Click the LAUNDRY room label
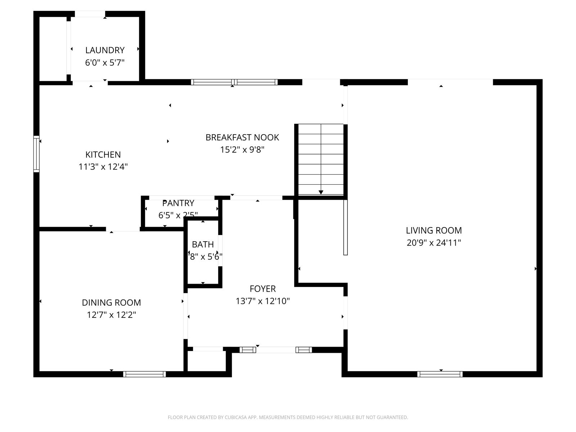coord(105,50)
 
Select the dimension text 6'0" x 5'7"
coord(105,63)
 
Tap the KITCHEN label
coord(103,154)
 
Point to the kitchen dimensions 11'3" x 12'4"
coord(103,167)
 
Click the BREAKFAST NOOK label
coord(242,137)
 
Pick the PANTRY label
coord(178,203)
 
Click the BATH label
coord(203,244)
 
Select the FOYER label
coord(263,289)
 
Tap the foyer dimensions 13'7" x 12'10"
coord(263,301)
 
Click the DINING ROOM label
coord(111,302)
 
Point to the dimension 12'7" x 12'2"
coord(111,315)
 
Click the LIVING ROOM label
coord(434,230)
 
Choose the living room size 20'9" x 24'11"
coord(434,243)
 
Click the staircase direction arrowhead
coord(321,192)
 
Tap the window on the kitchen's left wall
coord(36,154)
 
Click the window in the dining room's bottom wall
coord(144,374)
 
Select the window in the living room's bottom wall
coord(440,374)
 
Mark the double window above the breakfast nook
coord(234,82)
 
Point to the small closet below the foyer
coord(207,361)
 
